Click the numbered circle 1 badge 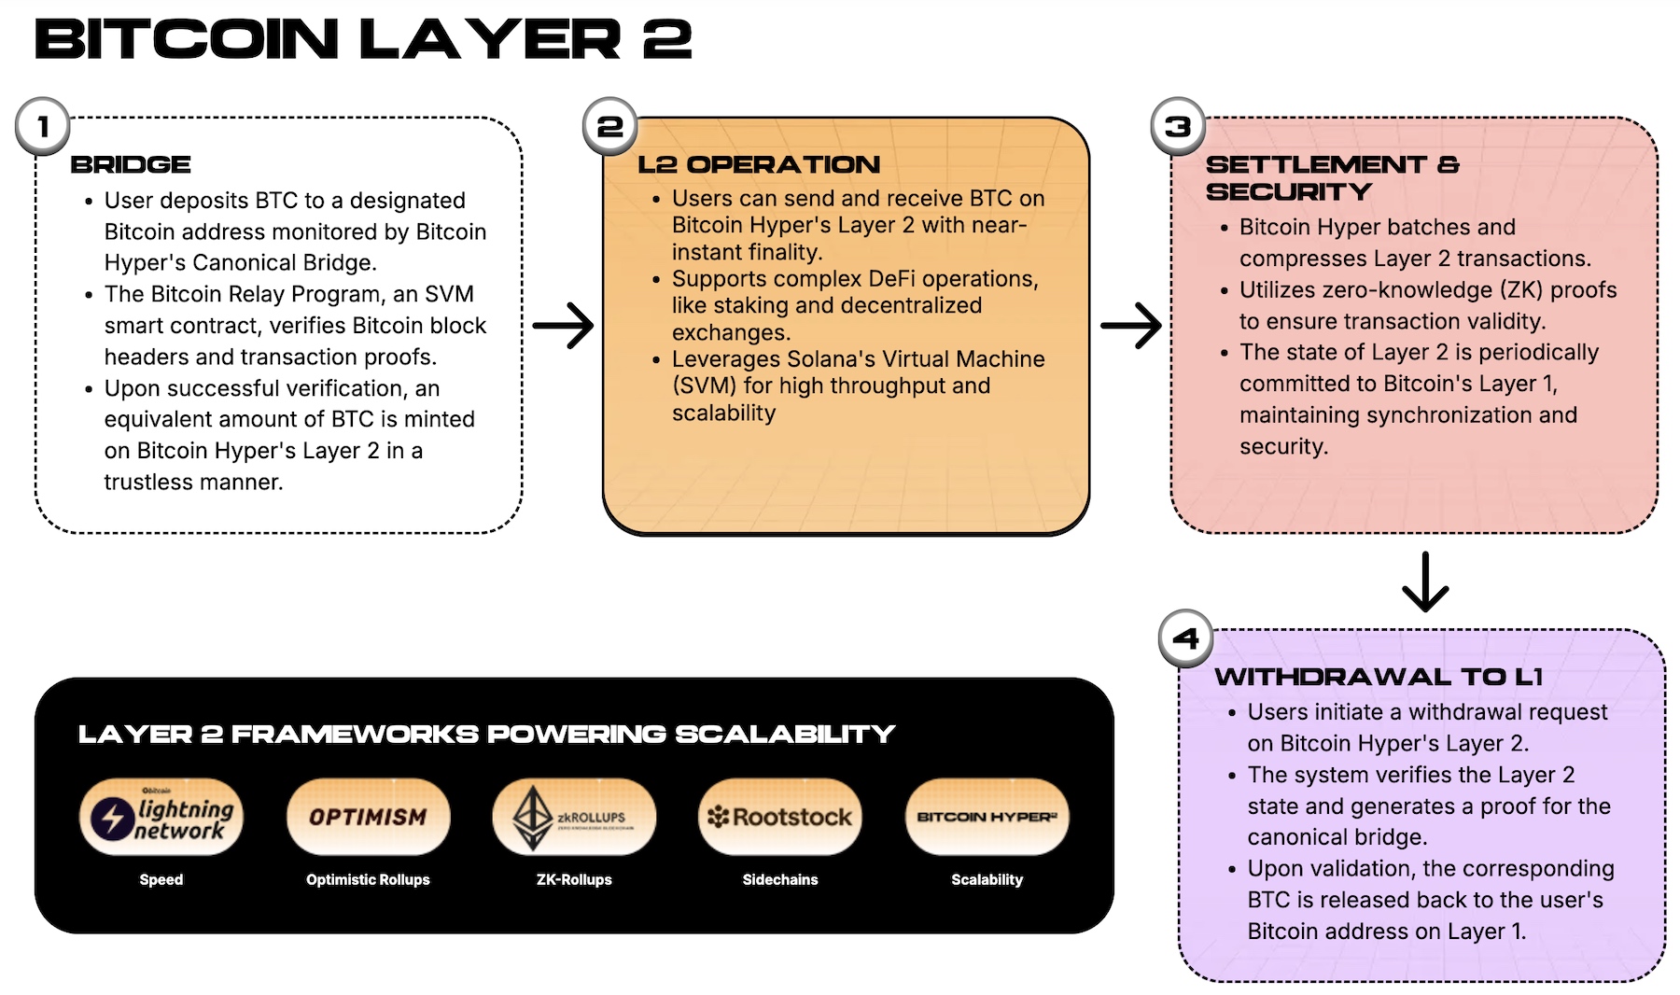(x=43, y=126)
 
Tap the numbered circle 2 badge (x=610, y=126)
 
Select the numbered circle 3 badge (x=1178, y=126)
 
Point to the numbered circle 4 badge (x=1185, y=638)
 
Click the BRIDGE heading (x=131, y=165)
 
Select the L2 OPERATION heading (x=758, y=165)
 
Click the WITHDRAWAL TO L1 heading (x=1378, y=677)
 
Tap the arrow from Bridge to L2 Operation (x=564, y=326)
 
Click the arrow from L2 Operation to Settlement (x=1131, y=326)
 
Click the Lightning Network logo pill (x=161, y=817)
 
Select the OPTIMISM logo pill (x=368, y=817)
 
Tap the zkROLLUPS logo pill (x=574, y=817)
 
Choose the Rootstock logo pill (x=780, y=817)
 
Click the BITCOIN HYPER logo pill (x=987, y=817)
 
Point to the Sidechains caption (x=780, y=879)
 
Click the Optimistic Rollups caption (x=368, y=879)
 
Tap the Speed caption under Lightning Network (x=161, y=879)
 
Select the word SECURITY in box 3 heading (x=1288, y=192)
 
